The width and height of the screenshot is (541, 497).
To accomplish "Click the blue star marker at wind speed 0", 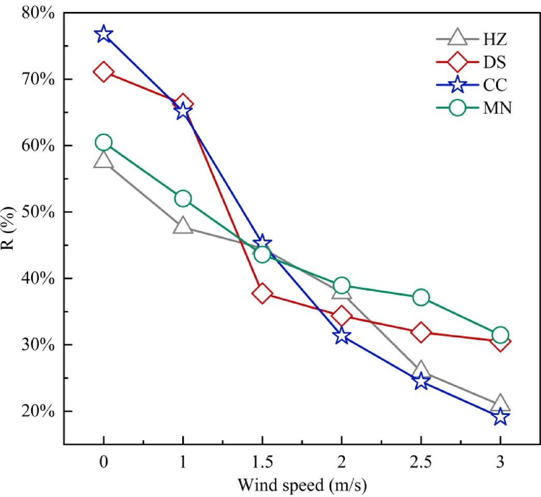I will [104, 34].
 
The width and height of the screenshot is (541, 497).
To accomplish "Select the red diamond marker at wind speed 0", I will [104, 72].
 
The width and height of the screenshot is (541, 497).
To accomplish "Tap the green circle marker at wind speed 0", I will [104, 142].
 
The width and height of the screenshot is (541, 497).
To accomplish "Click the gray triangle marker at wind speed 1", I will [183, 226].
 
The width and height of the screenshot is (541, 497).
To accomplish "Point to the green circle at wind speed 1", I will [183, 199].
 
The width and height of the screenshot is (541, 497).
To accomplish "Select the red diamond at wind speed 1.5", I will [262, 294].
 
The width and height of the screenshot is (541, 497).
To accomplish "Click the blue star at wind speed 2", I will [342, 336].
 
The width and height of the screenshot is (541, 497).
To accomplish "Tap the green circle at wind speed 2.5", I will [421, 297].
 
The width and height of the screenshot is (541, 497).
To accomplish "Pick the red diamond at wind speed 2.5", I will [421, 332].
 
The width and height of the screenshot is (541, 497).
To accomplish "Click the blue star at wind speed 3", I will [500, 416].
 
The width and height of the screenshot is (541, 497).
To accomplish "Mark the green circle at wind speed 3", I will [500, 335].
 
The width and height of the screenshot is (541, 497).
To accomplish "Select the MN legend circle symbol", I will [458, 109].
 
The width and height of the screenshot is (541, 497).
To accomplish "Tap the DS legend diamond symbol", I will [458, 62].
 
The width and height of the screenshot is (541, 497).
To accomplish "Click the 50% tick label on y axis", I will [37, 212].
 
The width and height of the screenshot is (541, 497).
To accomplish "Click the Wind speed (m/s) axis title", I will [303, 486].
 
